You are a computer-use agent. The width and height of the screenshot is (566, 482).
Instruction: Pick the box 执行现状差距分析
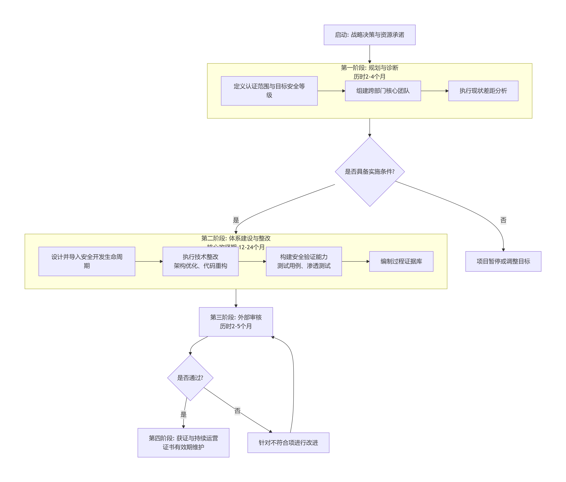click(483, 91)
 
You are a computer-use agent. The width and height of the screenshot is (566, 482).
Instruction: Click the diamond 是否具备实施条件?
click(370, 172)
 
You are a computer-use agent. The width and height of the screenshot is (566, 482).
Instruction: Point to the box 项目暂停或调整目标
click(503, 261)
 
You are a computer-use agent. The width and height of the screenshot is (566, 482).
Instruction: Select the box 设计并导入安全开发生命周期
click(87, 261)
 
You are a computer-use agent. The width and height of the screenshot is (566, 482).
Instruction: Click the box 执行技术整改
click(200, 261)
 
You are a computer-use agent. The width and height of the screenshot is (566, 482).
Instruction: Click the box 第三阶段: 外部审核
click(236, 322)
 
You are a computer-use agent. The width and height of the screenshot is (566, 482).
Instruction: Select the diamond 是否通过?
click(190, 378)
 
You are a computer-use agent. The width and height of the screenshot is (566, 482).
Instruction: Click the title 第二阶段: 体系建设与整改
click(236, 238)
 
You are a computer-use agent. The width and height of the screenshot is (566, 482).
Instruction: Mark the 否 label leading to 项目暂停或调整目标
click(503, 220)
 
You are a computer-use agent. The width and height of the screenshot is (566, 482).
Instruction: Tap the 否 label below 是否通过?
click(237, 411)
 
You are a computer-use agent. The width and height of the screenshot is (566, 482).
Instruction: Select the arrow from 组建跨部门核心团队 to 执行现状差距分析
click(435, 91)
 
